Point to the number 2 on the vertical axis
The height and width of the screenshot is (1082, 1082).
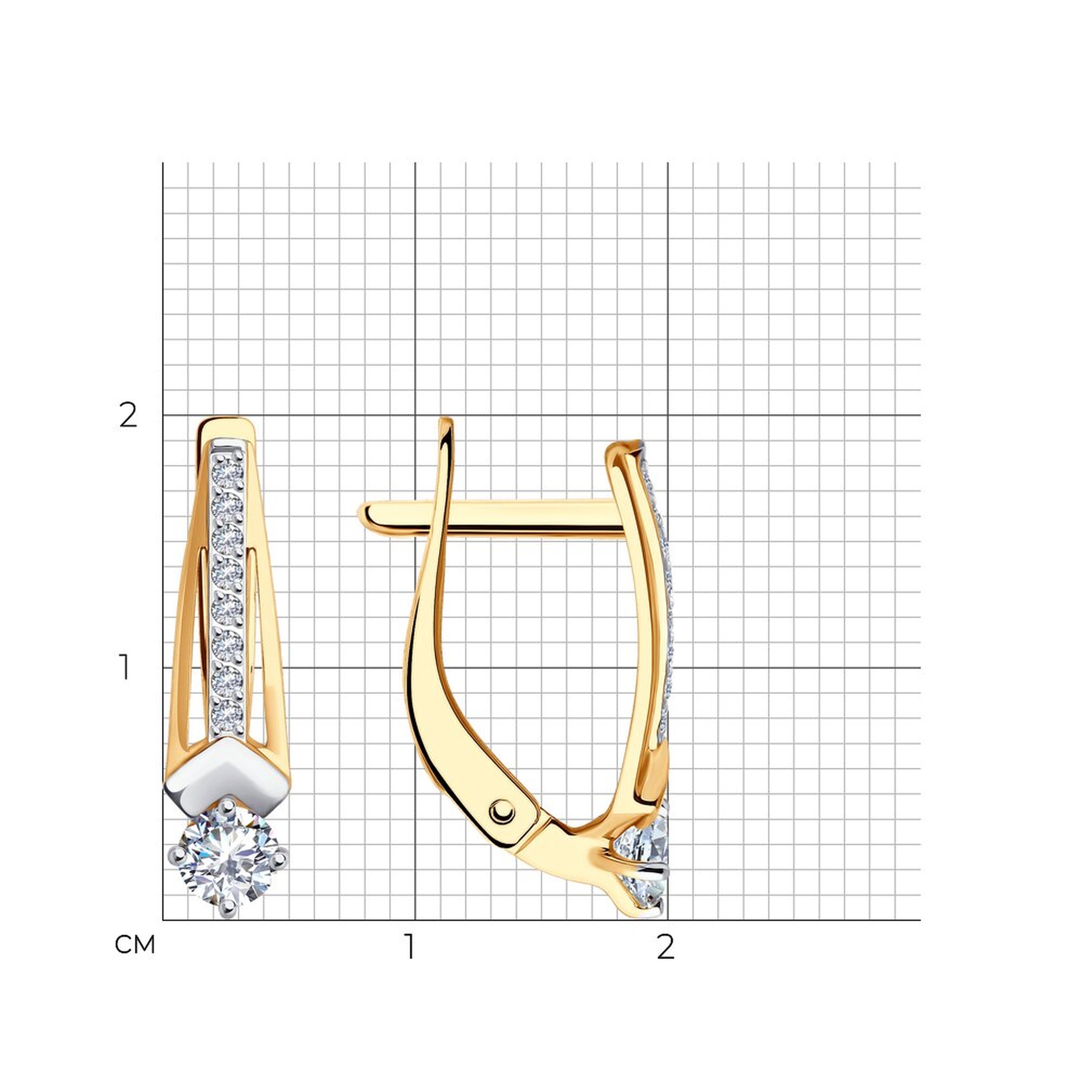click(128, 416)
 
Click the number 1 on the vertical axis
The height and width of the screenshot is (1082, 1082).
click(124, 668)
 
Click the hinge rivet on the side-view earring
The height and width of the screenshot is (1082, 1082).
click(502, 810)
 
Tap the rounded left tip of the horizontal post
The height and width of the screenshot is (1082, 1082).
click(365, 516)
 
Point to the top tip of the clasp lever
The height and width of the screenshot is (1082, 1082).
click(446, 425)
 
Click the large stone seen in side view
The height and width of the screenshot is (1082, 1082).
click(644, 857)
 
